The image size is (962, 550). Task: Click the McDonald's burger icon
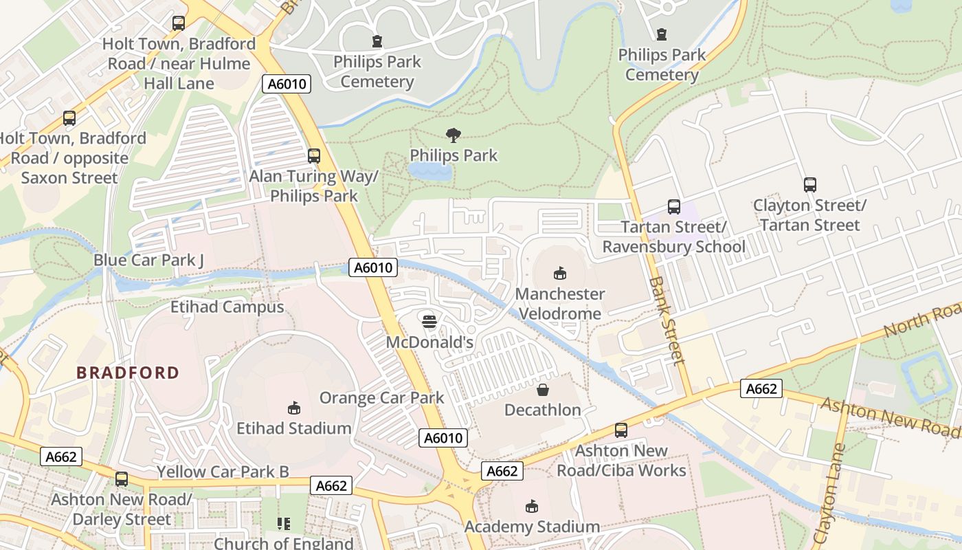pyautogui.click(x=429, y=321)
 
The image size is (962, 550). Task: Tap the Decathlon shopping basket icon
pyautogui.click(x=543, y=390)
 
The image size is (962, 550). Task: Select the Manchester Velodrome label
pyautogui.click(x=560, y=304)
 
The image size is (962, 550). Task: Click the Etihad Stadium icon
pyautogui.click(x=294, y=408)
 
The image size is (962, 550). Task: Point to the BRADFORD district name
pyautogui.click(x=128, y=373)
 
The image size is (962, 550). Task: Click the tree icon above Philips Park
pyautogui.click(x=454, y=135)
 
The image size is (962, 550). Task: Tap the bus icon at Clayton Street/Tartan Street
pyautogui.click(x=809, y=185)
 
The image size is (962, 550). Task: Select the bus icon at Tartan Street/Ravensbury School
pyautogui.click(x=674, y=206)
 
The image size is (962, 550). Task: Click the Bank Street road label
pyautogui.click(x=667, y=320)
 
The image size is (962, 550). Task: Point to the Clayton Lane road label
pyautogui.click(x=829, y=494)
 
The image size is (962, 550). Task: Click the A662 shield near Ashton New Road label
pyautogui.click(x=762, y=389)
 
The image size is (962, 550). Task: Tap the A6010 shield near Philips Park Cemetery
pyautogui.click(x=287, y=85)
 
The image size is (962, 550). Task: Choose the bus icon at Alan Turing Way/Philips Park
pyautogui.click(x=314, y=156)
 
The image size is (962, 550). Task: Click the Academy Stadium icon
pyautogui.click(x=531, y=507)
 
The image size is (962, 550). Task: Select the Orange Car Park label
pyautogui.click(x=382, y=398)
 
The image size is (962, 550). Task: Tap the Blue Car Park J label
pyautogui.click(x=149, y=261)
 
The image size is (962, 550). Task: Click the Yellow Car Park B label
pyautogui.click(x=223, y=472)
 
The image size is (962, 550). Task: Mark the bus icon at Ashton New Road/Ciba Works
pyautogui.click(x=621, y=430)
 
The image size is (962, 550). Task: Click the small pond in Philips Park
pyautogui.click(x=430, y=171)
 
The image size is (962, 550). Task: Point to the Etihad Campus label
pyautogui.click(x=227, y=307)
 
